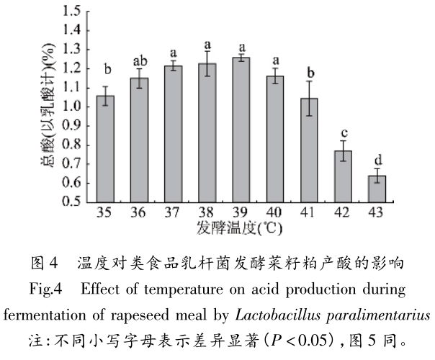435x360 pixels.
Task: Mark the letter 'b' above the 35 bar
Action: click(x=106, y=70)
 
